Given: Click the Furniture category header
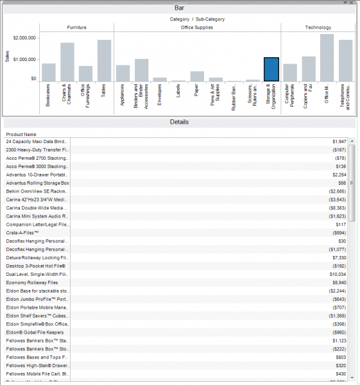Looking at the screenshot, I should click(x=76, y=28).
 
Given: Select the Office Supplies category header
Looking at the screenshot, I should click(x=197, y=28).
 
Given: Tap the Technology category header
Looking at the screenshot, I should click(x=318, y=28).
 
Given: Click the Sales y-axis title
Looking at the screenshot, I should click(x=7, y=58).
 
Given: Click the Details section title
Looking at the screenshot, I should click(x=179, y=122).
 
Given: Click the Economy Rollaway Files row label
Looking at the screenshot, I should click(x=32, y=282).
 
